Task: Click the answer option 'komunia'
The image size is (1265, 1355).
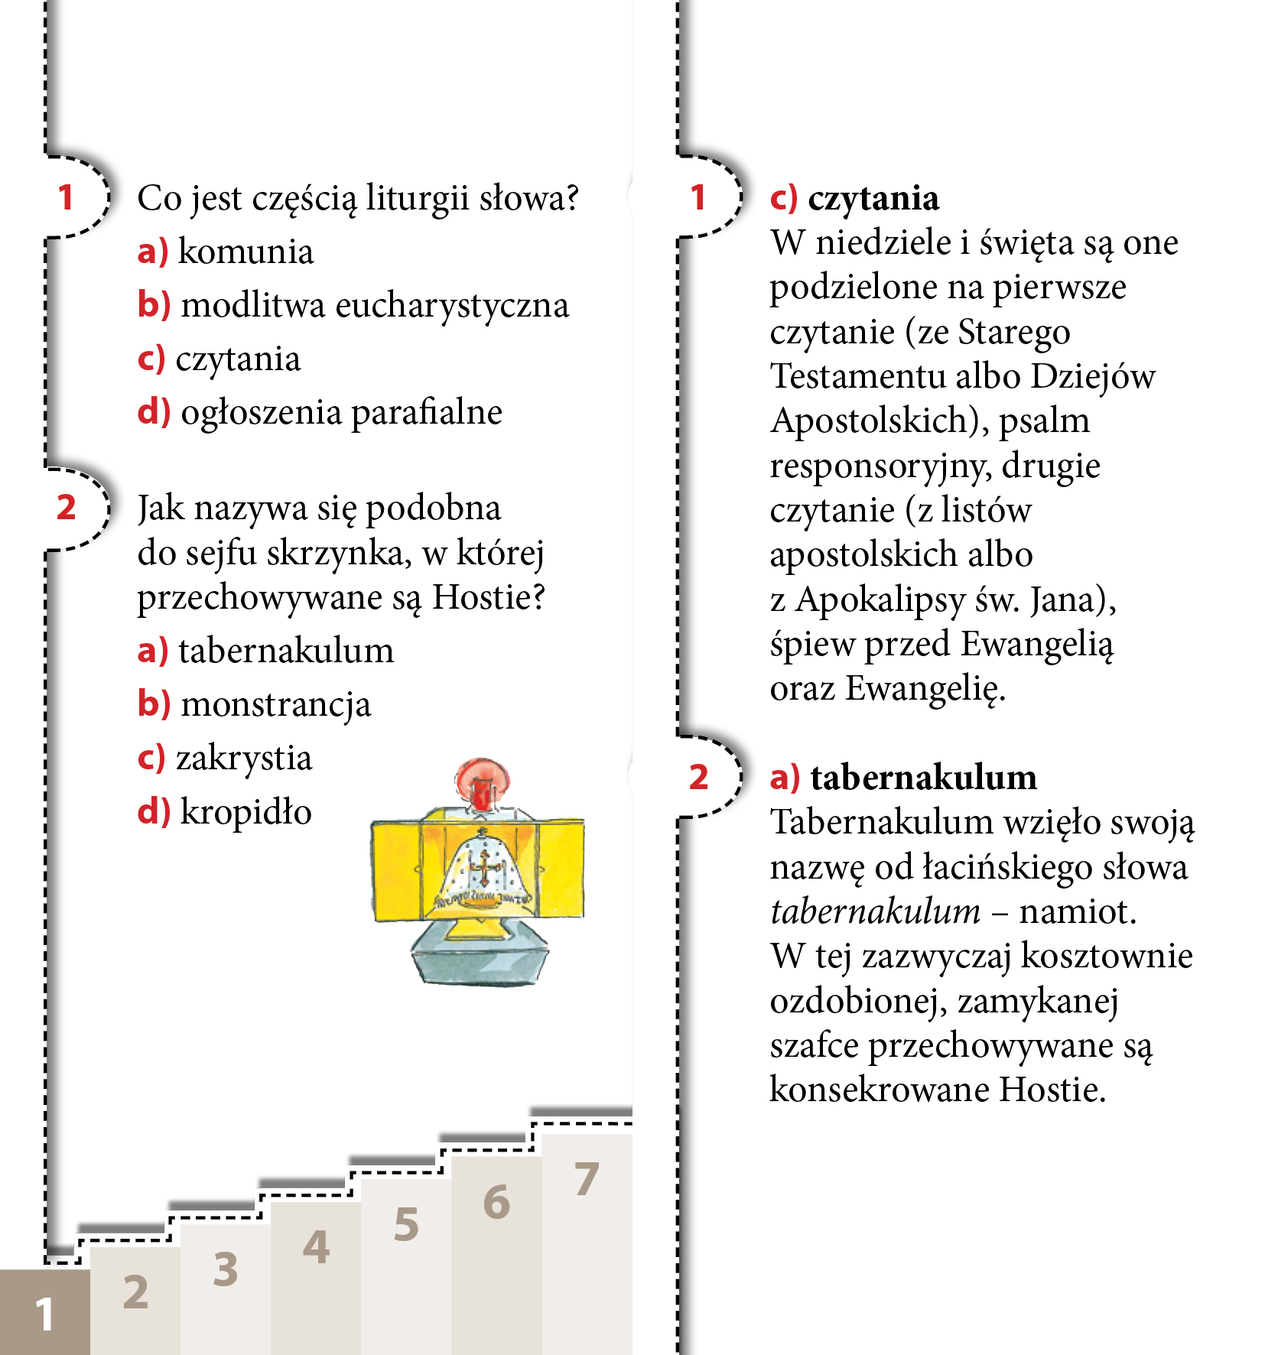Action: (245, 252)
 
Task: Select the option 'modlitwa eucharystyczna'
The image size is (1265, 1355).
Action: (374, 306)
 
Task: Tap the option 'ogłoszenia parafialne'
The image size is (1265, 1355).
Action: (340, 413)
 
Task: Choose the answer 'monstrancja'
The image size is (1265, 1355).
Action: (275, 705)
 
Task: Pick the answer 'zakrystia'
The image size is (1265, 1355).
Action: (243, 759)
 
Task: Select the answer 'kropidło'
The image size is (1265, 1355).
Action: (246, 812)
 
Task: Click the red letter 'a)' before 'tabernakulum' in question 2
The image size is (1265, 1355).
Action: (152, 652)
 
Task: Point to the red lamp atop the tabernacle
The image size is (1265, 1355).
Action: (481, 781)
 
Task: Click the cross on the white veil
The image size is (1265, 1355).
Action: (483, 867)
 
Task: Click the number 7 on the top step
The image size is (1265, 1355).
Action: (587, 1179)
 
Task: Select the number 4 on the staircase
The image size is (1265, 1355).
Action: (316, 1247)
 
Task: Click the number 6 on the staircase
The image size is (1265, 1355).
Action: (496, 1202)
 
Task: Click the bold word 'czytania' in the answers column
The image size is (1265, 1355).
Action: (873, 199)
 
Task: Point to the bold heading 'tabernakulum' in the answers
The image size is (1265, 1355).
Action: (923, 778)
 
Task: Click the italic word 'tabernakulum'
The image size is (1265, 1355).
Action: (875, 912)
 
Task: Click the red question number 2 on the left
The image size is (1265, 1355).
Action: (67, 508)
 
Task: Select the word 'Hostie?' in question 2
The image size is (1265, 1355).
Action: (488, 598)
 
